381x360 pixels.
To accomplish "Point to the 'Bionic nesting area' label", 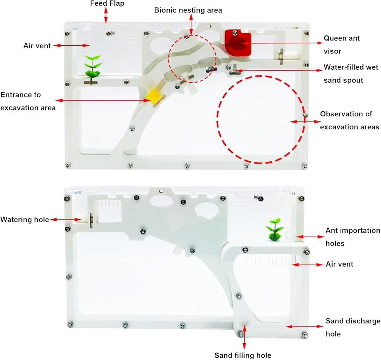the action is point(188,10).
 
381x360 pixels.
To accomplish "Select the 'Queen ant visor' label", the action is point(341,45).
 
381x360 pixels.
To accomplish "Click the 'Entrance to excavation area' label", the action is point(28,101).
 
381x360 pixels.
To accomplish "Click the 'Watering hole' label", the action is point(25,220).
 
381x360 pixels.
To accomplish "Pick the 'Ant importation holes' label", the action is point(353,237).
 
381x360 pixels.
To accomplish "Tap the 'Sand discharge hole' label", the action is point(353,327).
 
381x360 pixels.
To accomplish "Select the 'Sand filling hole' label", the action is point(243,355).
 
